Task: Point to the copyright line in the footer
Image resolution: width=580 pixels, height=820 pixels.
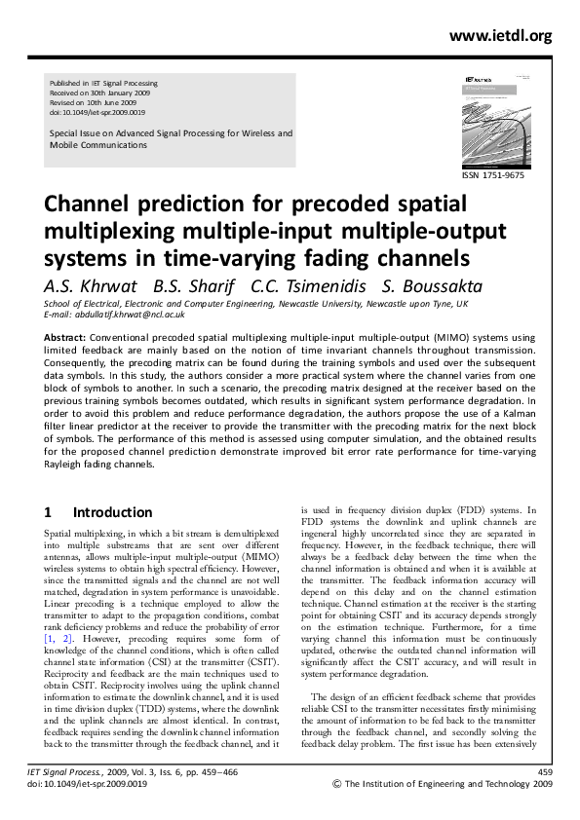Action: tap(443, 809)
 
